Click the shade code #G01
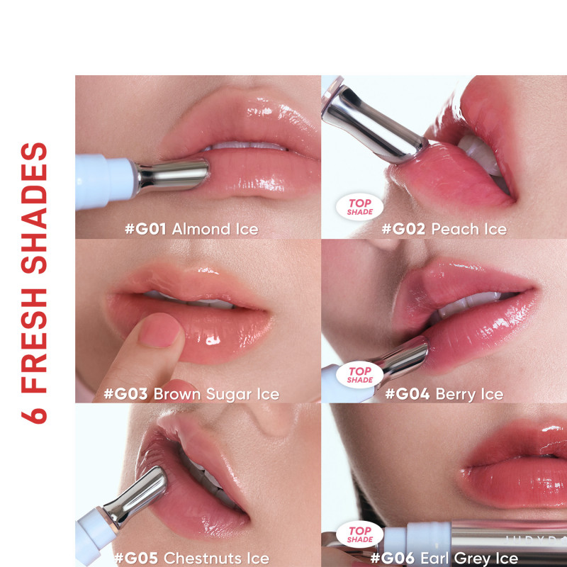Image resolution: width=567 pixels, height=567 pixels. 145,229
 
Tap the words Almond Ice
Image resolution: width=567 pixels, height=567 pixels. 215,229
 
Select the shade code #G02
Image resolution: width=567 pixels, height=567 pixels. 403,229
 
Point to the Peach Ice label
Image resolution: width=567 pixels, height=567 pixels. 469,229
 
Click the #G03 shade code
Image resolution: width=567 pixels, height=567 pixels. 126,394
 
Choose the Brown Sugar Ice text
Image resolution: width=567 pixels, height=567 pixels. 216,394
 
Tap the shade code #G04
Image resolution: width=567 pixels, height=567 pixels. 408,394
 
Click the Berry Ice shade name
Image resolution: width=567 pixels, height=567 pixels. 469,394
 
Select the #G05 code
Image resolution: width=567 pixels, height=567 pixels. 136,558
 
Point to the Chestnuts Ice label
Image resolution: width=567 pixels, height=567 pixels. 216,558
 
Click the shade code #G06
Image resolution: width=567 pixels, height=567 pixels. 393,558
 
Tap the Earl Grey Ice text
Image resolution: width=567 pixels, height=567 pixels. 469,558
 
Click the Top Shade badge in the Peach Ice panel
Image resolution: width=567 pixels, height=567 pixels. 359,207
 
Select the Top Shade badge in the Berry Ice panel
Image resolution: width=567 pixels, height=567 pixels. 359,375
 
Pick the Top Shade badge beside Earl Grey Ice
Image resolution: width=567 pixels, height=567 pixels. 359,535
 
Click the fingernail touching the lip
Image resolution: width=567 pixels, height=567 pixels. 159,330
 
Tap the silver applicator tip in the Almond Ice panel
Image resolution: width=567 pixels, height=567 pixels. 172,175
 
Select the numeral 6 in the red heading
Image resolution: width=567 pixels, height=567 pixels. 33,416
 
